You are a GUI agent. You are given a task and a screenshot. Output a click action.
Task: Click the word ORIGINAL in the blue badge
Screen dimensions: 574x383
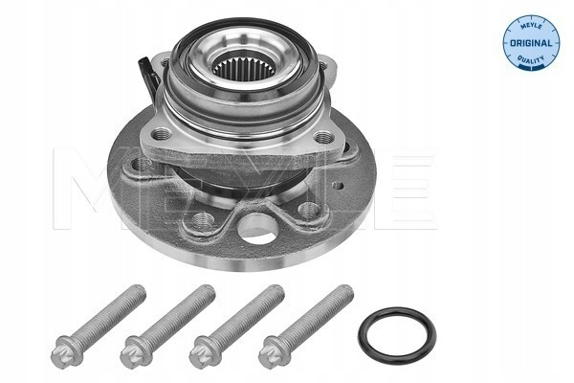point(531,43)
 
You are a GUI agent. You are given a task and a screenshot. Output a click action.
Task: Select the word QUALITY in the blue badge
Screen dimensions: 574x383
point(531,59)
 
